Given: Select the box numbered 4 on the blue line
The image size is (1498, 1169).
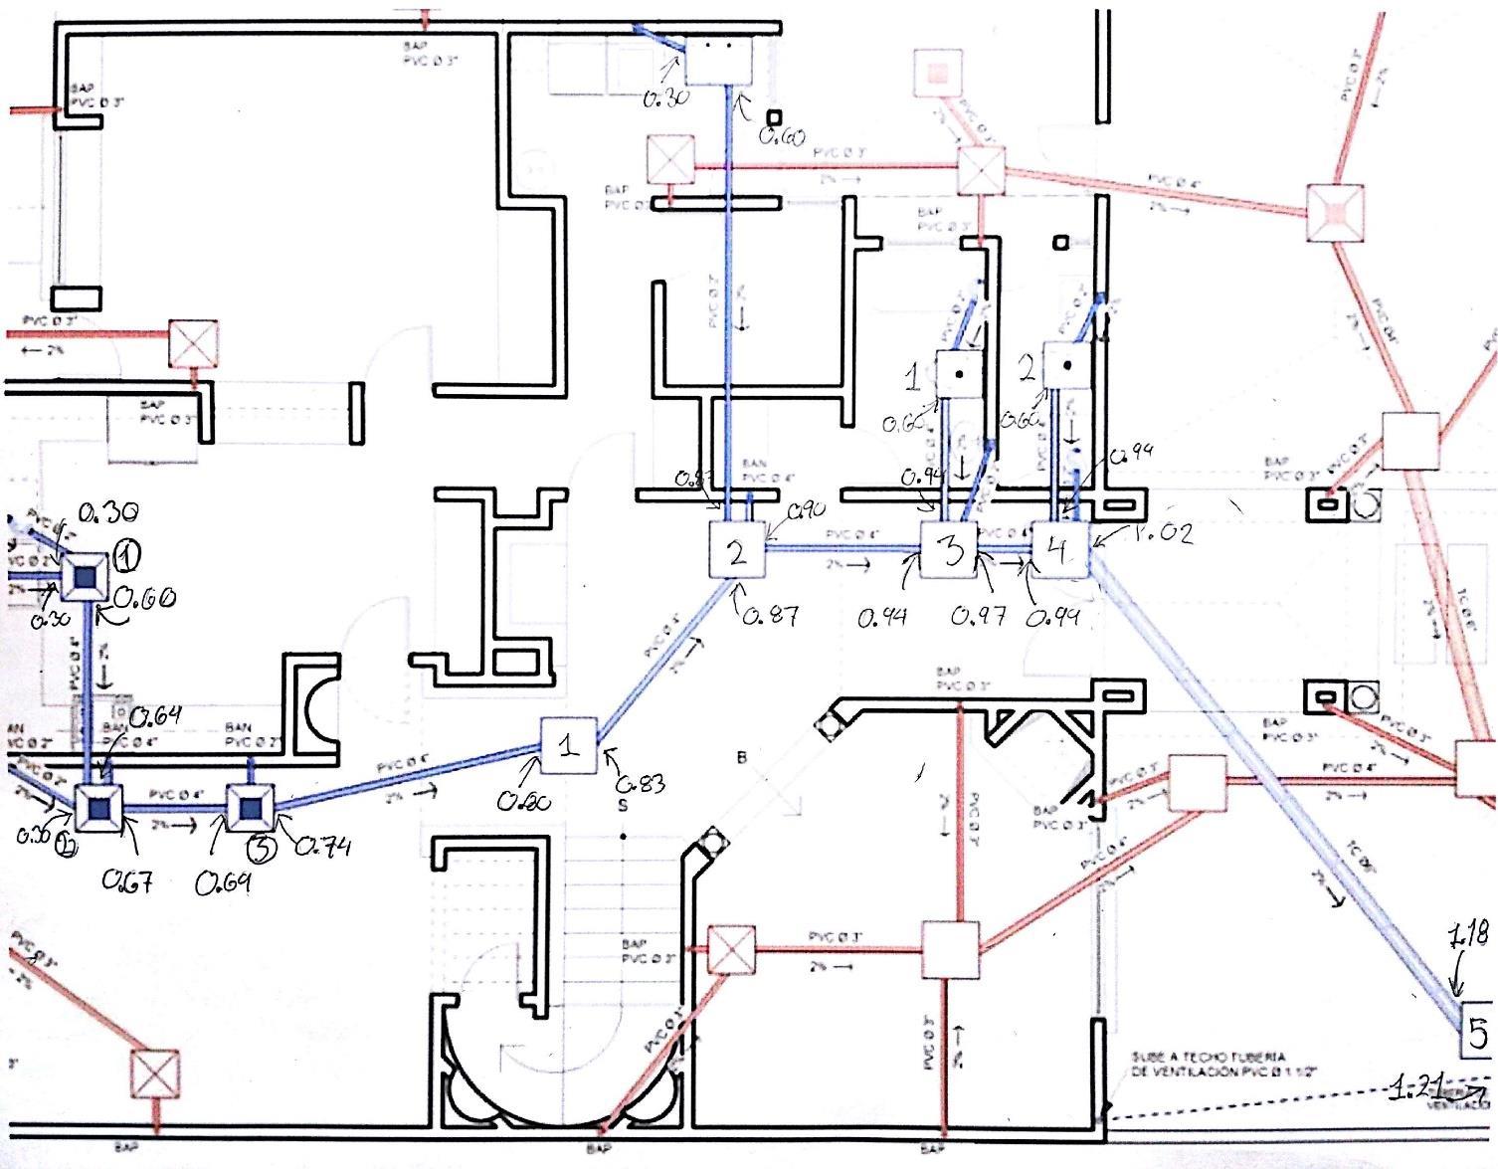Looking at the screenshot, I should tap(1059, 550).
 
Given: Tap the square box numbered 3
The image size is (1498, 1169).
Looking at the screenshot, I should tap(950, 550).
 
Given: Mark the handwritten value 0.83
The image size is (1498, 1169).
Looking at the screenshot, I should tap(641, 783).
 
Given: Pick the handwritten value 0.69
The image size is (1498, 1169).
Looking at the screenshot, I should tap(222, 882).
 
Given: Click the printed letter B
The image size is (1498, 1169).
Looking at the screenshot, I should tap(741, 757).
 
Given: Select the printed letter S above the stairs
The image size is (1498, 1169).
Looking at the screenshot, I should tap(624, 806).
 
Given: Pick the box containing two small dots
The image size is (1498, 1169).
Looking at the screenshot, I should tap(717, 60).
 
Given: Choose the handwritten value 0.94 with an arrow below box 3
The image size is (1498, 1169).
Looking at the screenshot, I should tap(881, 618).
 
